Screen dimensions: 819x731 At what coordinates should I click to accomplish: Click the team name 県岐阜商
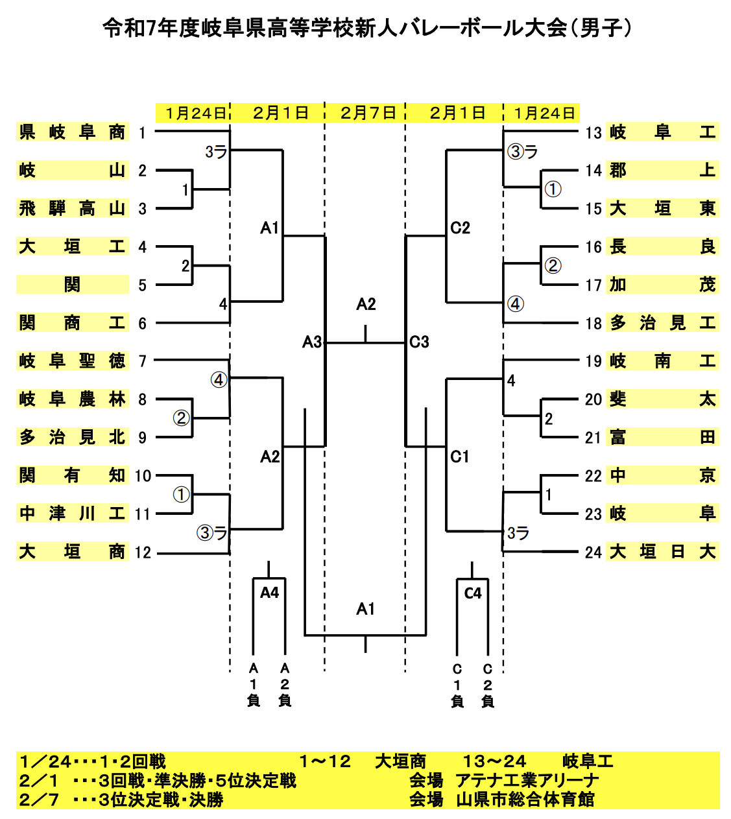click(72, 132)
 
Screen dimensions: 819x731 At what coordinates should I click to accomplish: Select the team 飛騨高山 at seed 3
click(72, 209)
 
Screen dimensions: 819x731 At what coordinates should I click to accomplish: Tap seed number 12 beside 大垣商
click(143, 552)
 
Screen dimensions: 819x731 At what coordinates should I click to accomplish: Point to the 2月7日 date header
click(368, 113)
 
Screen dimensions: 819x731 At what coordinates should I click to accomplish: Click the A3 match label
click(312, 342)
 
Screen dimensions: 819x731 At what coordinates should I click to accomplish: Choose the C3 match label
click(420, 342)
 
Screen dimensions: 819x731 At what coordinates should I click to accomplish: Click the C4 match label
click(473, 593)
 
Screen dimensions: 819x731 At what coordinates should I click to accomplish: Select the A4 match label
click(269, 593)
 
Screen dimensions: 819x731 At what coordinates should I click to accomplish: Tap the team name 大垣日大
click(662, 552)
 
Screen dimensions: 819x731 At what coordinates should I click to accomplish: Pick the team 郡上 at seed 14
click(662, 171)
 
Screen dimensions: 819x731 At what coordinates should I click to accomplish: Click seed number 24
click(593, 552)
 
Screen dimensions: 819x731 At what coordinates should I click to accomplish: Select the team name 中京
click(662, 475)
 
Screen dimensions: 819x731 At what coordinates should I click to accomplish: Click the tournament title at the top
click(366, 28)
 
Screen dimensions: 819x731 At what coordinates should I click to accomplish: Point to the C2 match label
click(460, 228)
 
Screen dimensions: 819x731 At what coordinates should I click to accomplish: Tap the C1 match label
click(459, 457)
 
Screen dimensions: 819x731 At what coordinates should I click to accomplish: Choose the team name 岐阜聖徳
click(72, 361)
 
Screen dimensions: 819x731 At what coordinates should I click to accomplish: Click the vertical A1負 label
click(254, 684)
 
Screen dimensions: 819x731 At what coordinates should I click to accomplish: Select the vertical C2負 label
click(488, 684)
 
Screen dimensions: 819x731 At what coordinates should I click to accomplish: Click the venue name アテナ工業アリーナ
click(527, 780)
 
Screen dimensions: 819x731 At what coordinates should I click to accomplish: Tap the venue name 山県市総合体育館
click(525, 799)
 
